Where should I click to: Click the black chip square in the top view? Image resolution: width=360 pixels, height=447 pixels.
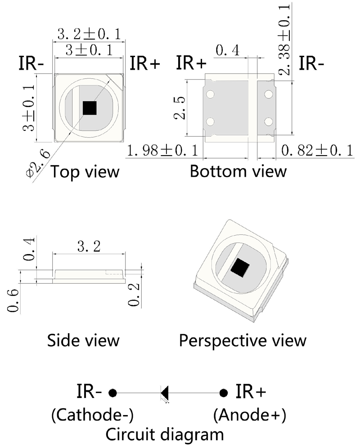pos(90,108)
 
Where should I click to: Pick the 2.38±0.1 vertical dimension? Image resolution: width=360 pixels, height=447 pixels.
pos(285,38)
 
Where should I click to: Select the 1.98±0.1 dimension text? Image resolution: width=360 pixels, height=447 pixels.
pos(163,151)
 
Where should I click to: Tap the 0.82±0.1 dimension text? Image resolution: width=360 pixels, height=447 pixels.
pos(317,151)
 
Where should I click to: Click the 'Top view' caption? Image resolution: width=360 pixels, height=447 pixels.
pos(85,171)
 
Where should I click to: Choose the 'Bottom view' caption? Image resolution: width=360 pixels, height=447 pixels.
pos(238,171)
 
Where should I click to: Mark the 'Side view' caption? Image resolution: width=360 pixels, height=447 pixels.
pos(83,340)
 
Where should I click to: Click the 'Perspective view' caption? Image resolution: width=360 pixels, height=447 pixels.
pos(243,340)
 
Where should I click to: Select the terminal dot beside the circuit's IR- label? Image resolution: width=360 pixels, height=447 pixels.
pos(113,393)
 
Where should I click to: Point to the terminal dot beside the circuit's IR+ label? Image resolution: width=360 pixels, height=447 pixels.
pos(223,393)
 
